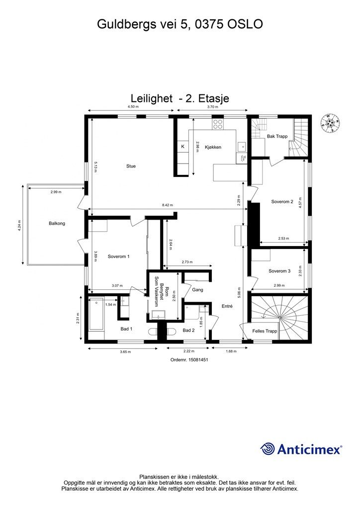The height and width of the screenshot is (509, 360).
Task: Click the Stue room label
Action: pos(131,166)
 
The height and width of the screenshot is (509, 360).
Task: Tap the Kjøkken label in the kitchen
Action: pos(213,147)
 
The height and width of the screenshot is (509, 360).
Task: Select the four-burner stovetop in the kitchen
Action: pos(217,124)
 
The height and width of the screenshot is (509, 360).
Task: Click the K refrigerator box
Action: pos(183,147)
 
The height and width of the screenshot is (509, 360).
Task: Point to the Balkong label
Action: pos(57,223)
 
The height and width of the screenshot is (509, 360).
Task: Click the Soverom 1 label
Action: pos(118,256)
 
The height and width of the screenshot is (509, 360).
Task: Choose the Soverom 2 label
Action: pos(282,202)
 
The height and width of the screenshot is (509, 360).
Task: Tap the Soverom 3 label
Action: pos(279,271)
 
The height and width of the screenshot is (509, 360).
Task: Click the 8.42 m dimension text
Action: pos(168,205)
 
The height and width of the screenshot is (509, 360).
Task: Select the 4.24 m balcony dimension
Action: pos(19,225)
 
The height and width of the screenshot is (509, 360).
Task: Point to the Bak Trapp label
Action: pos(277,136)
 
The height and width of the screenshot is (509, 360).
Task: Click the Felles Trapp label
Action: pos(265,331)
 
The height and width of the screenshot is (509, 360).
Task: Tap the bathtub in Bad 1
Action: pos(96,314)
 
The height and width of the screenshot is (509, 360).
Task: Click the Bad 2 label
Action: pos(188,331)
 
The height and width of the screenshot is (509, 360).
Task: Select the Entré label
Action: pos(227,306)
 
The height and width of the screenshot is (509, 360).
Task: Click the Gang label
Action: pos(198,290)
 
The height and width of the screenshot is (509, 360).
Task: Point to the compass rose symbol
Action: pos(330,123)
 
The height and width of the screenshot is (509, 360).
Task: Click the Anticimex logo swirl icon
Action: pos(268,449)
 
